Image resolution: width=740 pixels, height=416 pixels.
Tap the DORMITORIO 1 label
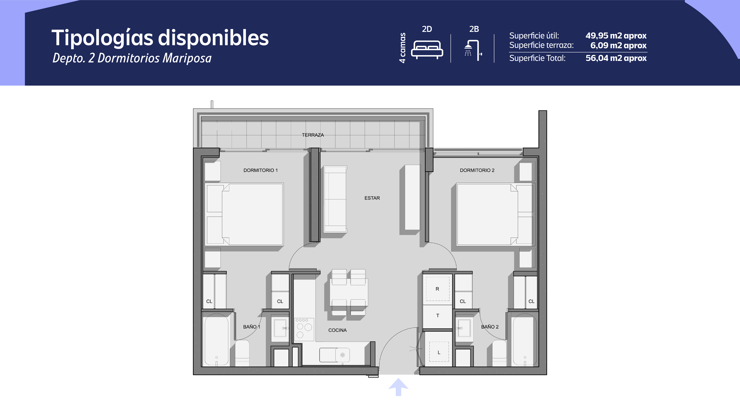click(x=261, y=170)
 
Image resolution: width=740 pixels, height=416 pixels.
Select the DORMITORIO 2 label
click(x=477, y=170)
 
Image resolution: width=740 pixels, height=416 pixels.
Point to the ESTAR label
click(x=372, y=198)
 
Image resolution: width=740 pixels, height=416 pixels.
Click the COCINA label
click(x=338, y=330)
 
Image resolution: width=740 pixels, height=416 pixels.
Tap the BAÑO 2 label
click(x=490, y=327)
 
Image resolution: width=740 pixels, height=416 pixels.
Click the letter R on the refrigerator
click(x=437, y=289)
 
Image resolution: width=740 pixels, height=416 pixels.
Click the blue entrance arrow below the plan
click(x=398, y=387)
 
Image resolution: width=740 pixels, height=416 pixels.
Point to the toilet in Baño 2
click(x=499, y=353)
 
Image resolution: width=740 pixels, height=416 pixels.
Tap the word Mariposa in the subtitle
click(x=187, y=58)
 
